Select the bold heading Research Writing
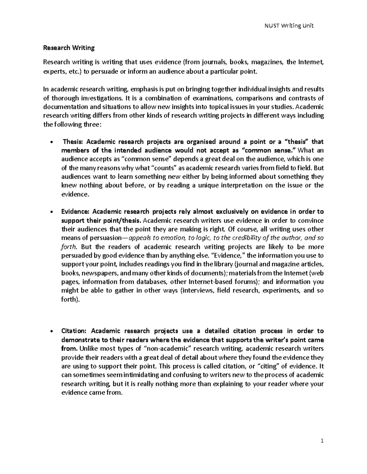tap(69, 48)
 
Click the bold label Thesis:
tap(73, 142)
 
